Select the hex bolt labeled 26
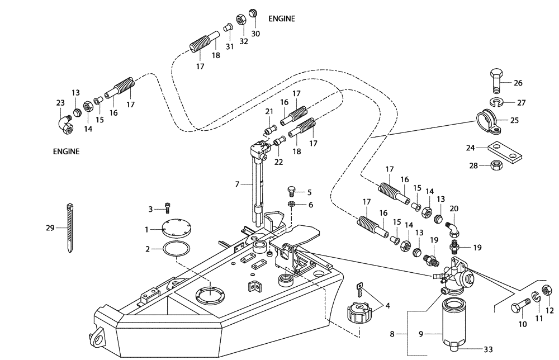pyautogui.click(x=497, y=82)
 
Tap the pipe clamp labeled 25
pyautogui.click(x=490, y=121)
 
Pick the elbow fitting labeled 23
pyautogui.click(x=65, y=124)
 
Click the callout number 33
pyautogui.click(x=488, y=349)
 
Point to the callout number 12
pyautogui.click(x=548, y=310)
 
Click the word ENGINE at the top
pyautogui.click(x=281, y=18)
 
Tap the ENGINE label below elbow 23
pyautogui.click(x=66, y=151)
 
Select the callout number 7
pyautogui.click(x=237, y=183)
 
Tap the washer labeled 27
pyautogui.click(x=496, y=102)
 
